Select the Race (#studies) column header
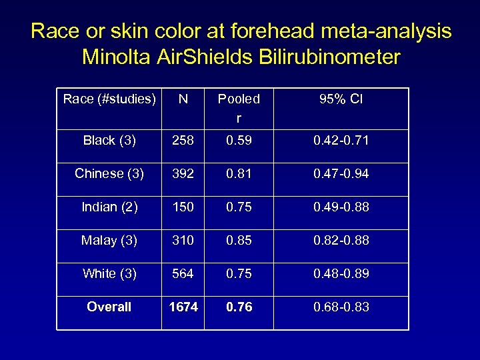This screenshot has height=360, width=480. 109,99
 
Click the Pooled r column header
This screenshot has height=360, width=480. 239,108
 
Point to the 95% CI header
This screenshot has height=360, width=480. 341,99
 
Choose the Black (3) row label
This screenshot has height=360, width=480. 109,140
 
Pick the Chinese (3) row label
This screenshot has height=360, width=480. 109,173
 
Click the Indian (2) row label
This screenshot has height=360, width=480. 109,207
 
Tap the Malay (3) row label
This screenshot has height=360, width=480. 109,240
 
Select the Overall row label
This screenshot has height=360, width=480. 109,307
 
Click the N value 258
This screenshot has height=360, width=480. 183,140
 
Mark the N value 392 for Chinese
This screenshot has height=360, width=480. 183,173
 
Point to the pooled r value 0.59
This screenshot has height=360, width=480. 239,140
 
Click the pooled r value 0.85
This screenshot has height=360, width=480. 239,240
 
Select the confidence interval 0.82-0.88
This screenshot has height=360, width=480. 341,240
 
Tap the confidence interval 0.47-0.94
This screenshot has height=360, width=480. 341,173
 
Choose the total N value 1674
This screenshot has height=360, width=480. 183,307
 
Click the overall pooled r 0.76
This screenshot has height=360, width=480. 239,307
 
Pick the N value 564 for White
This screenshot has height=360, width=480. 183,273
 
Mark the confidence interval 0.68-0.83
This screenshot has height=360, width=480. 341,307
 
